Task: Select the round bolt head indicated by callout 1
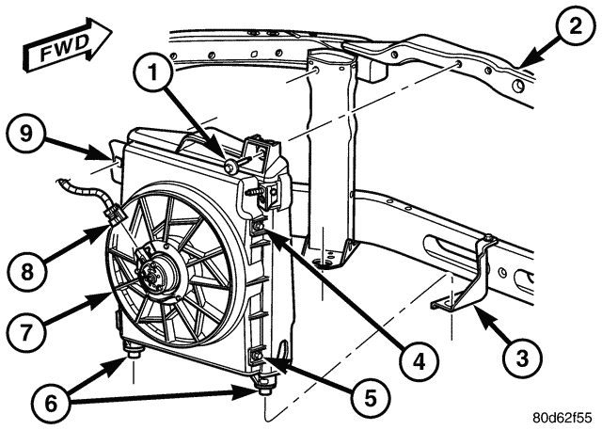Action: (x=229, y=167)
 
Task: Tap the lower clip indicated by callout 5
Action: (x=255, y=356)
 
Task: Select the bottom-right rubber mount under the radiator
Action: (x=264, y=384)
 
